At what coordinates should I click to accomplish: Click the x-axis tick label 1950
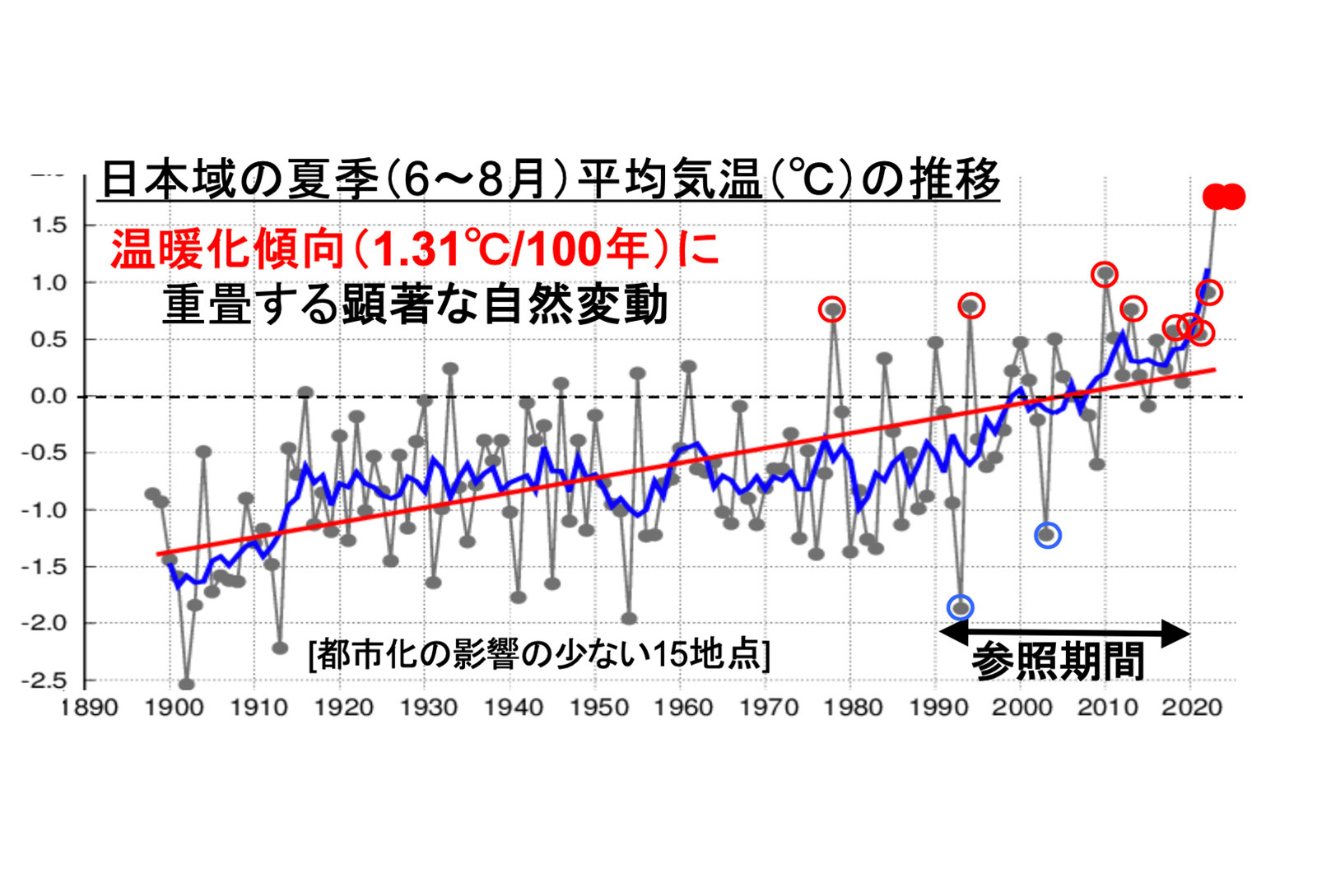(598, 708)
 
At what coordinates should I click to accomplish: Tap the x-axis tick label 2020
(1191, 708)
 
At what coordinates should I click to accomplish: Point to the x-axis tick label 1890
(89, 708)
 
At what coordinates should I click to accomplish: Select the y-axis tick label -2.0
(44, 623)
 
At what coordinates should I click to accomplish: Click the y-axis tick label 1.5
(49, 225)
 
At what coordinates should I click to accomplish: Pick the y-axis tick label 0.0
(49, 396)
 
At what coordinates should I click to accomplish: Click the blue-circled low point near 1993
(960, 607)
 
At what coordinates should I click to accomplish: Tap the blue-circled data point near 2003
(1047, 535)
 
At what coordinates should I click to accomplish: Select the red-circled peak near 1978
(832, 309)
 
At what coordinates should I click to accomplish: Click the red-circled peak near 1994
(971, 306)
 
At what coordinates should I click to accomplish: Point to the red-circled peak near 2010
(1105, 273)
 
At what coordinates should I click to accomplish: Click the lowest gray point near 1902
(187, 683)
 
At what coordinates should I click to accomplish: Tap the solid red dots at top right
(1223, 197)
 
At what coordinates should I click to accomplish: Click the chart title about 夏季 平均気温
(549, 179)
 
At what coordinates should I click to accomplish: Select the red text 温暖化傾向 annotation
(416, 248)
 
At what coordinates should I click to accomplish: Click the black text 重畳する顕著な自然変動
(415, 304)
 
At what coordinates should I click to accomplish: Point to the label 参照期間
(1058, 661)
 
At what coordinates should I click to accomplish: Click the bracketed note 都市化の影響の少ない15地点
(539, 655)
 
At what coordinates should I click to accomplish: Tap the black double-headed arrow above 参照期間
(1064, 633)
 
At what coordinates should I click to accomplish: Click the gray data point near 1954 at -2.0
(629, 618)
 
